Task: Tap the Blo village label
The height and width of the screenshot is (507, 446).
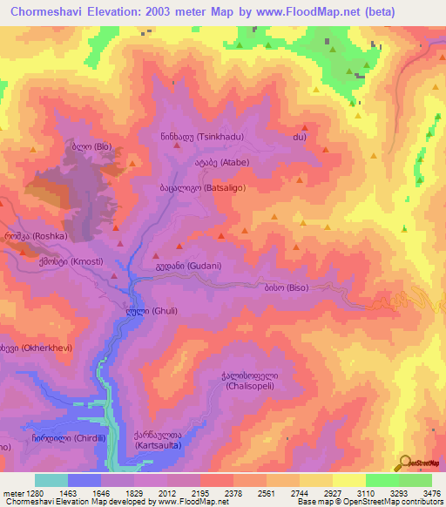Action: [91, 145]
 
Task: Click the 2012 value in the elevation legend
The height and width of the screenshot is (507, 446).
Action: [167, 494]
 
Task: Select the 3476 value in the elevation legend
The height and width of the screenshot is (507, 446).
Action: [430, 494]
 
